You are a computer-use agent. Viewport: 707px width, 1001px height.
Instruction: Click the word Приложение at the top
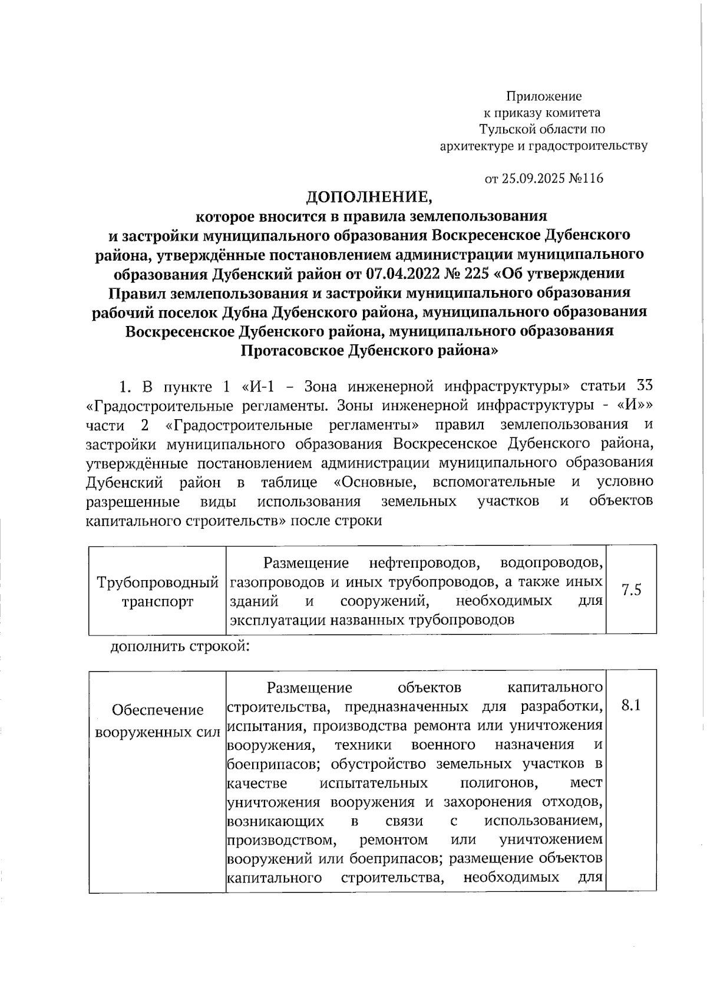pyautogui.click(x=544, y=96)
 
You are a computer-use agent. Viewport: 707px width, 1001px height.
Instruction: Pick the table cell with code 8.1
pyautogui.click(x=632, y=706)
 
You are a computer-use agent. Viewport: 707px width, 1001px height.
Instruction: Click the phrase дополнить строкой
pyautogui.click(x=180, y=647)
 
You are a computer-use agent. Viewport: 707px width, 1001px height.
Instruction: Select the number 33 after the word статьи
pyautogui.click(x=645, y=386)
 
